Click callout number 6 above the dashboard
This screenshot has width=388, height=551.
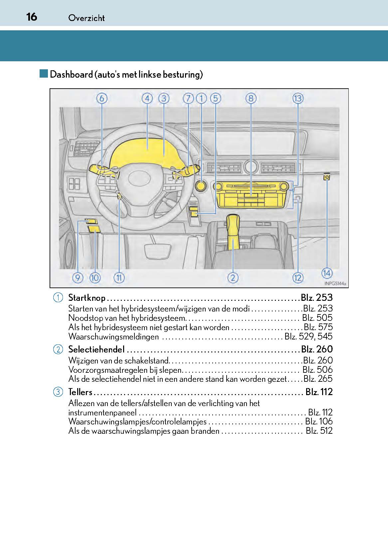pyautogui.click(x=102, y=98)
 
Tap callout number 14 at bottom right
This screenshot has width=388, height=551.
pyautogui.click(x=327, y=273)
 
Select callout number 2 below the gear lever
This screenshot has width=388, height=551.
pyautogui.click(x=233, y=277)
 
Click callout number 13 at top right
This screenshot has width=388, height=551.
pyautogui.click(x=298, y=98)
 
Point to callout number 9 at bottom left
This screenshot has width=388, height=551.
pyautogui.click(x=78, y=277)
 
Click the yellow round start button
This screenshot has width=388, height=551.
pyautogui.click(x=201, y=186)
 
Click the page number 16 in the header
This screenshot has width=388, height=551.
pyautogui.click(x=32, y=16)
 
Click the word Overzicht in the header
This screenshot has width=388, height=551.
pyautogui.click(x=87, y=18)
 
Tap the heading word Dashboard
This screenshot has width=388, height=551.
pyautogui.click(x=71, y=74)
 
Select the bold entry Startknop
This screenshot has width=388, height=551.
pyautogui.click(x=87, y=297)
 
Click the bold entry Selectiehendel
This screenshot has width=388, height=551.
pyautogui.click(x=97, y=349)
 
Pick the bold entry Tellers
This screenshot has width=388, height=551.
pyautogui.click(x=80, y=392)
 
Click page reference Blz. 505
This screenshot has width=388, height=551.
pyautogui.click(x=317, y=317)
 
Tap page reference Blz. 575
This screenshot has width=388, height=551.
pyautogui.click(x=318, y=327)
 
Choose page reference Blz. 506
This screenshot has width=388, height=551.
pyautogui.click(x=317, y=369)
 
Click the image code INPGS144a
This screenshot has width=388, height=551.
pyautogui.click(x=335, y=283)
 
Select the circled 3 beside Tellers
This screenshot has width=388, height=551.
pyautogui.click(x=58, y=392)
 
